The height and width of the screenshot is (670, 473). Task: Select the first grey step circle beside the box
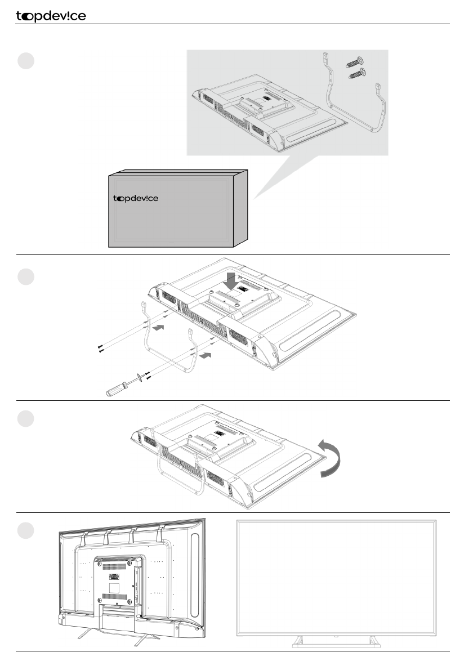tap(26, 60)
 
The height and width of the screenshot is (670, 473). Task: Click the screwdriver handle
tap(115, 389)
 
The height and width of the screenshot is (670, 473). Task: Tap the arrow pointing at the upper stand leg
tap(160, 327)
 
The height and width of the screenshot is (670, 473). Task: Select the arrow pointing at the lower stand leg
tap(206, 356)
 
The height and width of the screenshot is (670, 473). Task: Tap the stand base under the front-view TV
tap(335, 640)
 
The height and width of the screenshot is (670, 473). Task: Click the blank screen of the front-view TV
tap(336, 577)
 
